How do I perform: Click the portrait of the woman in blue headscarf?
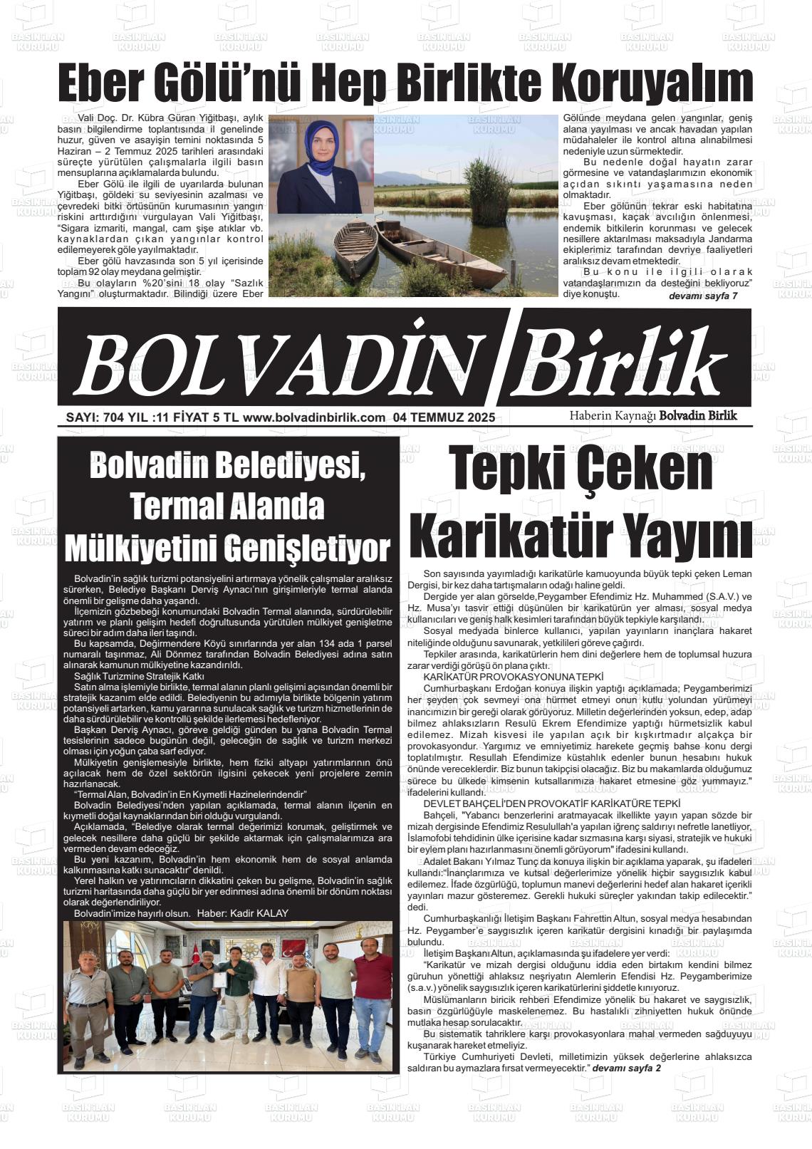coord(321,169)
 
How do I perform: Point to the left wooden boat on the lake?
coord(355,249)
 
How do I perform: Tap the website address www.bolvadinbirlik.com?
coord(313,418)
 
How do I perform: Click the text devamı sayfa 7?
coord(703,296)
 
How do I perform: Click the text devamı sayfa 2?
coord(627,1069)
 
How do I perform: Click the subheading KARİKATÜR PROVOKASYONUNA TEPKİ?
coord(513,676)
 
